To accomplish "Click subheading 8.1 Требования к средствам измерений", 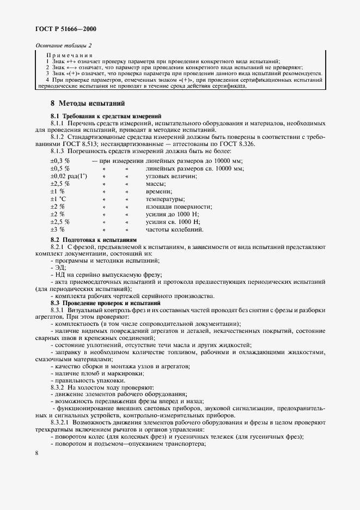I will tap(106, 116).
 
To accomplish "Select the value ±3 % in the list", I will tap(57, 229).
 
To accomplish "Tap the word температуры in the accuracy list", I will tap(166, 199).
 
